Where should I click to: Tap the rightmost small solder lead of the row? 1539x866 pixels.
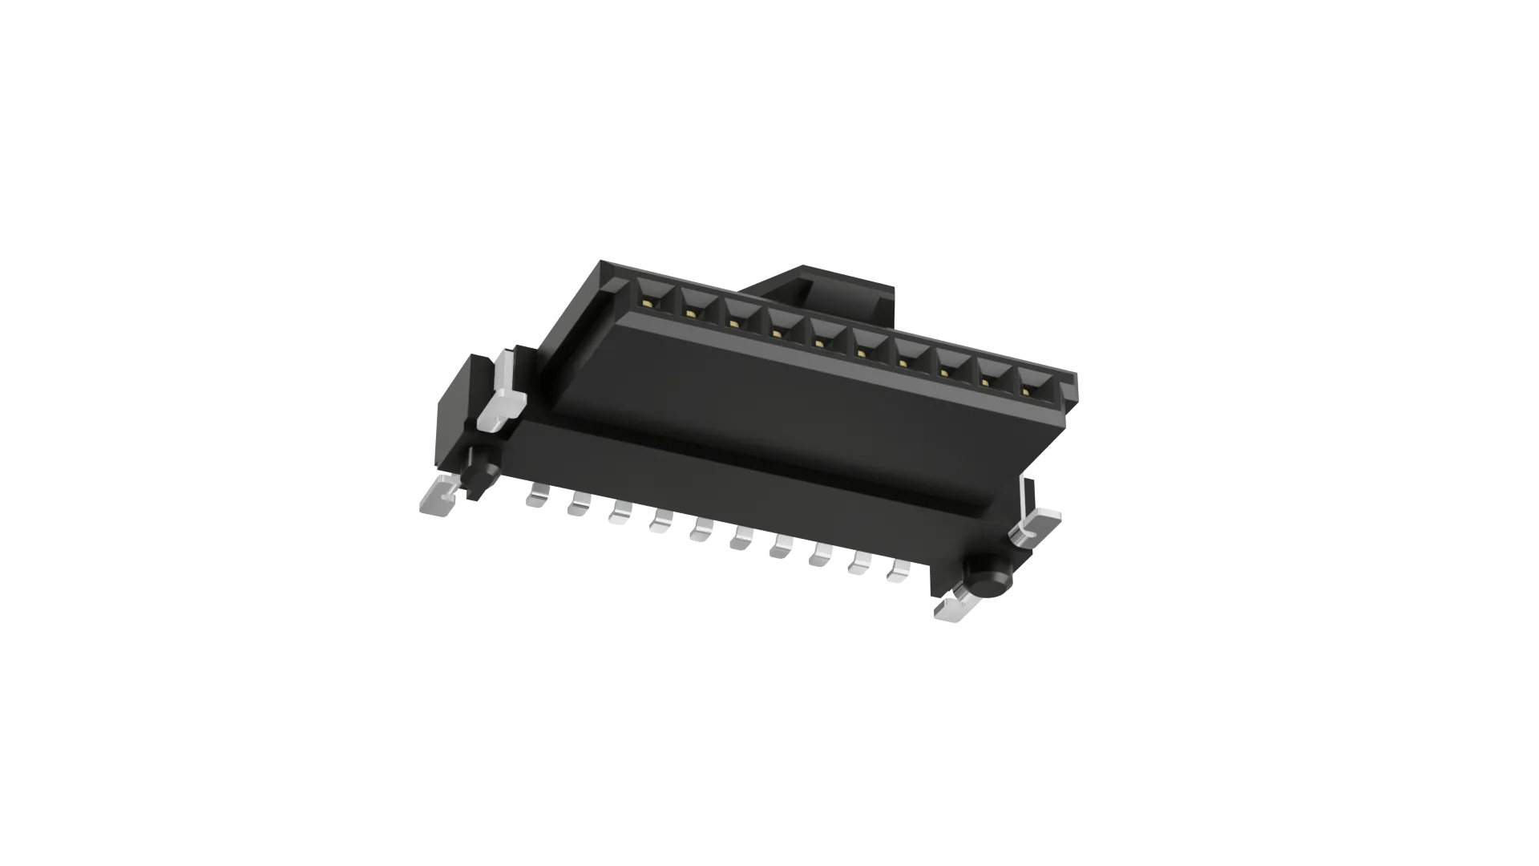coord(900,572)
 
